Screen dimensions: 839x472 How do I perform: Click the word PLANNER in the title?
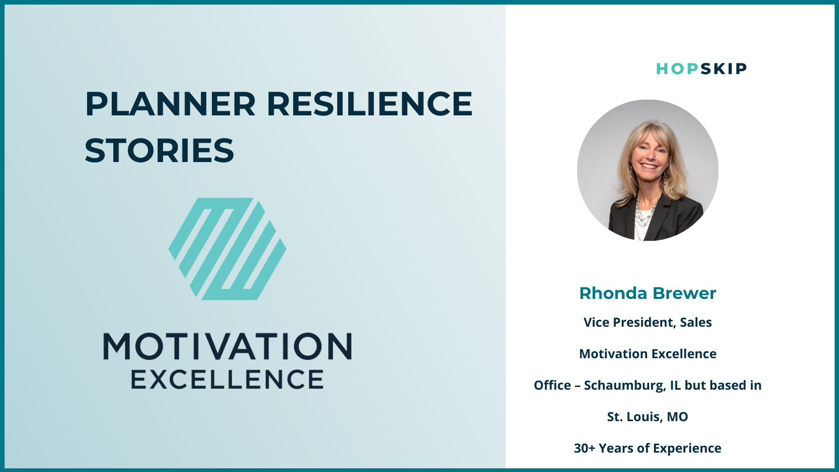click(170, 104)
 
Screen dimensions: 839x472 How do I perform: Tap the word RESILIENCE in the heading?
click(369, 104)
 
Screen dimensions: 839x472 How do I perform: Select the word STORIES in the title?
click(159, 150)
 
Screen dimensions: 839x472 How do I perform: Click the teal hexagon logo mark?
click(228, 249)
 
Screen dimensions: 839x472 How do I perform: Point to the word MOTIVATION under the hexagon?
click(228, 347)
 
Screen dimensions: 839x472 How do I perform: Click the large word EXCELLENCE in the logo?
click(228, 380)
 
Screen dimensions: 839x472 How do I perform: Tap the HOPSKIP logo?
click(701, 69)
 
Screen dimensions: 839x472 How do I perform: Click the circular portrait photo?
click(648, 170)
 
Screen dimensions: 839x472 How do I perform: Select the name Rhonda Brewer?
click(648, 293)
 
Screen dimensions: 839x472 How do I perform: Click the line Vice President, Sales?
click(648, 323)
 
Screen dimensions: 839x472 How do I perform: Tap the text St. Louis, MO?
click(648, 416)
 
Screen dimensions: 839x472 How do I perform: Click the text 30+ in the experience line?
click(584, 448)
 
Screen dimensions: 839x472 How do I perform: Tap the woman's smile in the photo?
click(649, 166)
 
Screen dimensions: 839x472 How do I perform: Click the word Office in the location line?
click(553, 385)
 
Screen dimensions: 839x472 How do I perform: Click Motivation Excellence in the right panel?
click(648, 353)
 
